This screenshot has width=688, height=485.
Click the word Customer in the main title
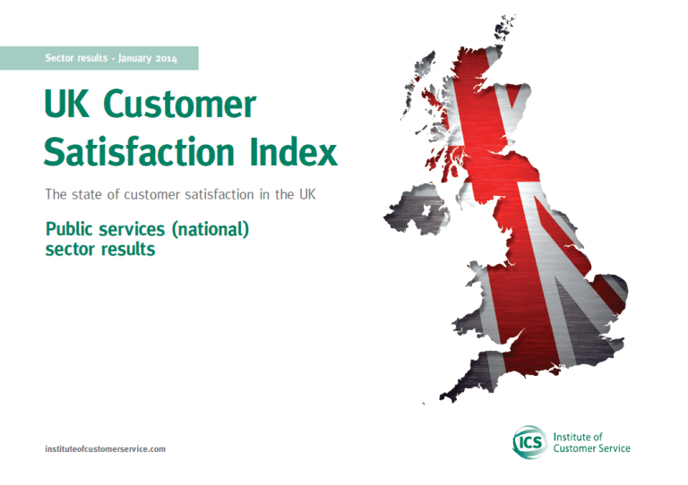pyautogui.click(x=180, y=104)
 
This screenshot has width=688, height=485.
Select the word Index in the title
pyautogui.click(x=294, y=151)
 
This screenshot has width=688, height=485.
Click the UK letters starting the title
pyautogui.click(x=66, y=104)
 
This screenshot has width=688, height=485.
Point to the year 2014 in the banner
pyautogui.click(x=167, y=58)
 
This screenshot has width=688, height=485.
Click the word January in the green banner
pyautogui.click(x=134, y=58)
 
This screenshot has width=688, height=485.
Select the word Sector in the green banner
pyautogui.click(x=61, y=58)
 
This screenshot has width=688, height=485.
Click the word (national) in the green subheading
pyautogui.click(x=211, y=229)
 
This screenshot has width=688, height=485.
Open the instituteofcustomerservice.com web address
pyautogui.click(x=106, y=449)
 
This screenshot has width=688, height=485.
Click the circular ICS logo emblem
pyautogui.click(x=529, y=442)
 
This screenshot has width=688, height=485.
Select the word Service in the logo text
pyautogui.click(x=614, y=448)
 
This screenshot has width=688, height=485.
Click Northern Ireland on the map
pyautogui.click(x=415, y=211)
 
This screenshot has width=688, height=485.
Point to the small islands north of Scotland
pyautogui.click(x=504, y=27)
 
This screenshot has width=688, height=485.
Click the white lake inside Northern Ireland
pyautogui.click(x=426, y=211)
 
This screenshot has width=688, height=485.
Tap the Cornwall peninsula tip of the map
pyautogui.click(x=444, y=397)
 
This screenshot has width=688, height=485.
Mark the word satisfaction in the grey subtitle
pyautogui.click(x=219, y=194)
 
